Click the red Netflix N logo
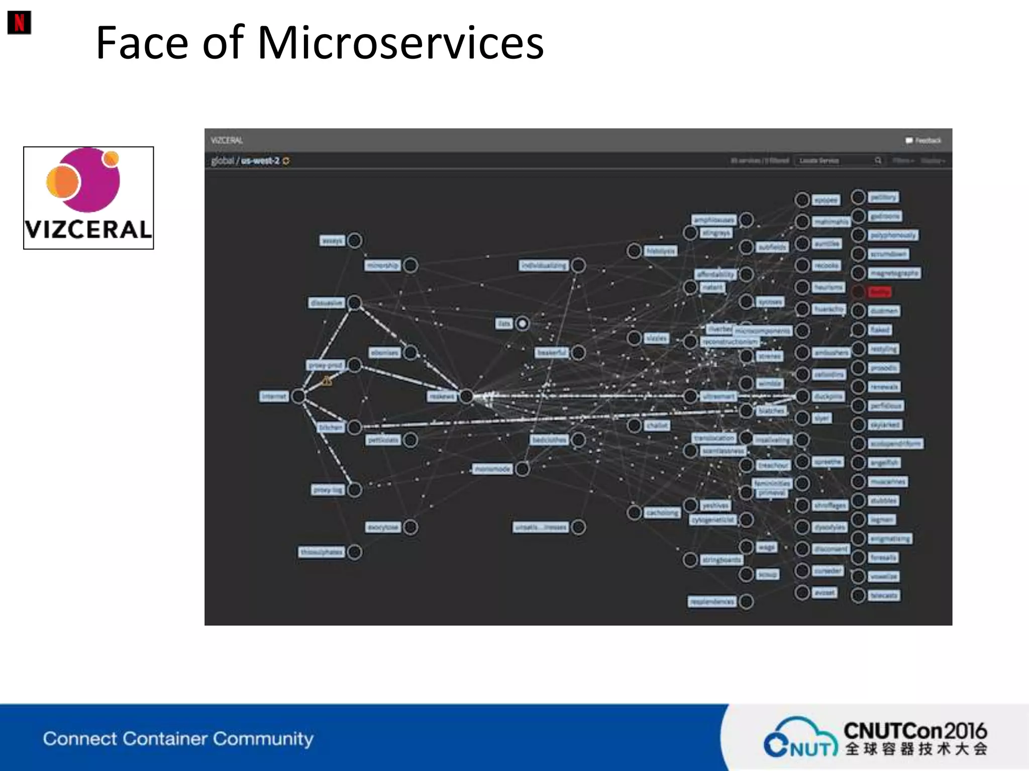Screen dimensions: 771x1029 tap(19, 23)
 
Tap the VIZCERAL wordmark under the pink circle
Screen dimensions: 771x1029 tap(88, 230)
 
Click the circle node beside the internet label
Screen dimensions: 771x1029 tap(298, 396)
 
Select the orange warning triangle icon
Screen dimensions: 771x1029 tap(327, 381)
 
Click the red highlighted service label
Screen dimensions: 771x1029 tap(879, 292)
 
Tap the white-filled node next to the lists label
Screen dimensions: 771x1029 tap(523, 324)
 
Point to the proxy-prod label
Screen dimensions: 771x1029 tap(326, 365)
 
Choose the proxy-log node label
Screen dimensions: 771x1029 tap(328, 489)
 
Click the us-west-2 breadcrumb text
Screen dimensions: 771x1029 tap(260, 161)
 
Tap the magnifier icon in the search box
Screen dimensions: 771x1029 tap(878, 161)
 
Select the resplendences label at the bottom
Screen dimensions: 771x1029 tap(712, 601)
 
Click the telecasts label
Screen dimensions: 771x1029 tap(884, 596)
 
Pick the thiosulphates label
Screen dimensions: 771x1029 tap(322, 552)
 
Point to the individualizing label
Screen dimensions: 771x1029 tap(544, 265)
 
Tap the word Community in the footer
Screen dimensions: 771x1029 tap(263, 738)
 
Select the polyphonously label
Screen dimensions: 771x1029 tap(893, 235)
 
